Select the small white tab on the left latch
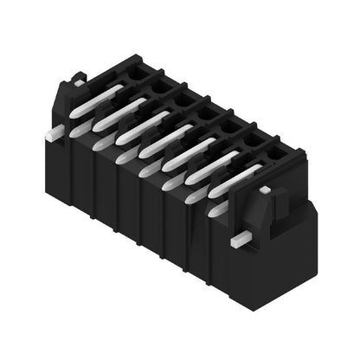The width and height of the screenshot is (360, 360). pos(77,82)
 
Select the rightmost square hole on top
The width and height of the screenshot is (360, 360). pos(274,154)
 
